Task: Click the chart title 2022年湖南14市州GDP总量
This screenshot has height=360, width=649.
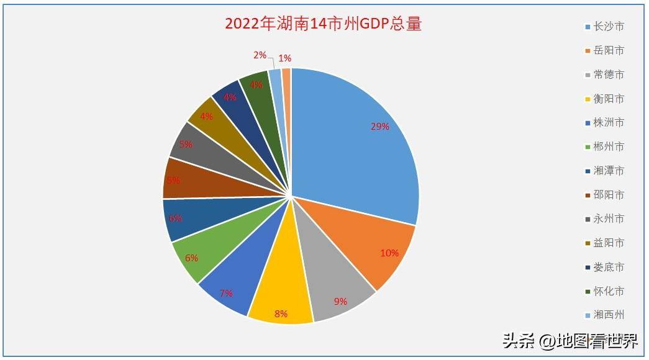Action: coord(323,24)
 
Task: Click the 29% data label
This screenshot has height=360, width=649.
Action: coord(379,127)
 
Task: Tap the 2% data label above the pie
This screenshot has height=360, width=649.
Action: coord(260,55)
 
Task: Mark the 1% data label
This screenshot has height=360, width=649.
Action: coord(285,58)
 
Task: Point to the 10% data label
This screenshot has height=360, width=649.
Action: coord(389,253)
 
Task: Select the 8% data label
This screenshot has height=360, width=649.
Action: coord(281,313)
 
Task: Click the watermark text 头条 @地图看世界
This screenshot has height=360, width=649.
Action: coord(570,341)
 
